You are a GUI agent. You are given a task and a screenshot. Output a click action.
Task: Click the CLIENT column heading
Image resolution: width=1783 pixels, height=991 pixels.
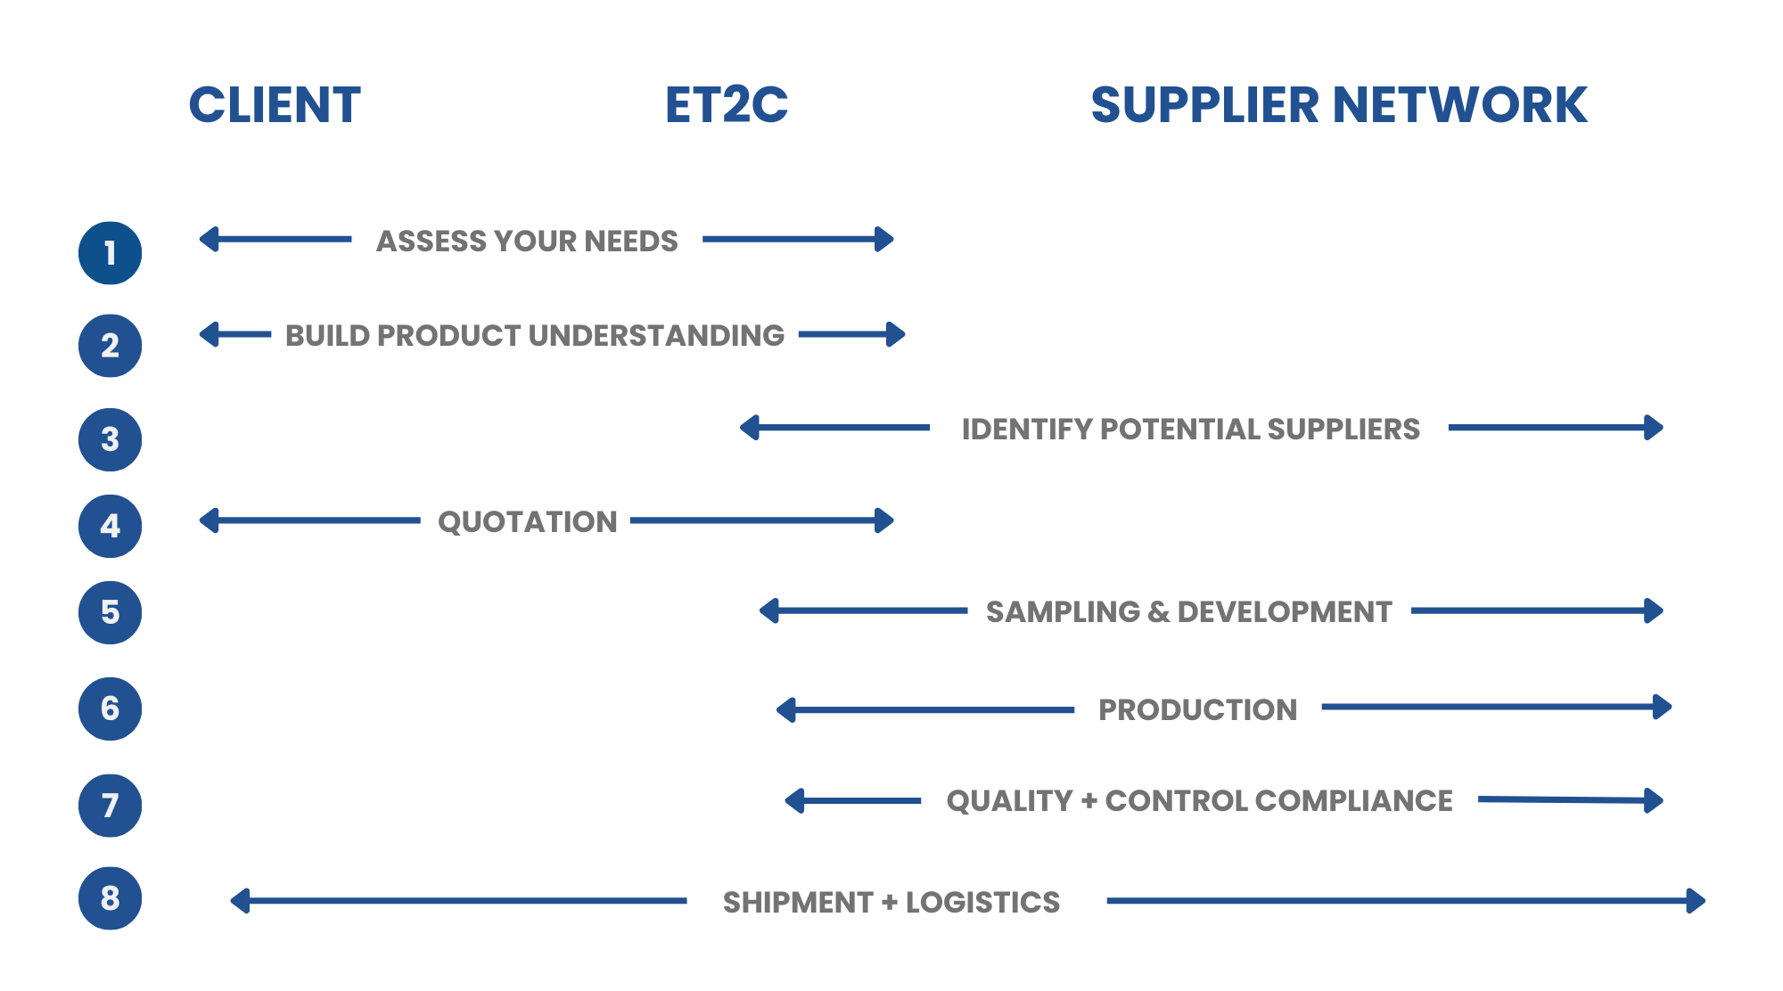pyautogui.click(x=275, y=105)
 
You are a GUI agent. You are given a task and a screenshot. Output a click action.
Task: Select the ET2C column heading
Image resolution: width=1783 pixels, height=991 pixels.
pyautogui.click(x=727, y=105)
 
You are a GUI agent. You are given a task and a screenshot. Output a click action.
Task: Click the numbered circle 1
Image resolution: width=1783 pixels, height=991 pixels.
pyautogui.click(x=110, y=253)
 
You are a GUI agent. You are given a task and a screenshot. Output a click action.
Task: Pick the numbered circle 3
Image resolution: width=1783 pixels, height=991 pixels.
pyautogui.click(x=110, y=439)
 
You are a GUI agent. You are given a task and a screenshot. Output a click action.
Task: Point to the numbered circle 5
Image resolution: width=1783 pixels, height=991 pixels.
pyautogui.click(x=110, y=612)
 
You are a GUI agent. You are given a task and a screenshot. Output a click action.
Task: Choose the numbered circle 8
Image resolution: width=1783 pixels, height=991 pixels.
pyautogui.click(x=110, y=898)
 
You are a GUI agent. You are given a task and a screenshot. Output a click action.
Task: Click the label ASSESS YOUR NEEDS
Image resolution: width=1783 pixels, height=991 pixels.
pyautogui.click(x=527, y=241)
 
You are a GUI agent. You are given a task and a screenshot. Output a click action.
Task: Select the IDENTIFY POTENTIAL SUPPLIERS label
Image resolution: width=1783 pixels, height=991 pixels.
pyautogui.click(x=1190, y=429)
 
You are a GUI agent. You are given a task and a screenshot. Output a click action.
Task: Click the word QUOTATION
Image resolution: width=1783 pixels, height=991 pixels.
pyautogui.click(x=527, y=521)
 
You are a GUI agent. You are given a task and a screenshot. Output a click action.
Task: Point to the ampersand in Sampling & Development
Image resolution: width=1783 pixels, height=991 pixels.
pyautogui.click(x=1158, y=612)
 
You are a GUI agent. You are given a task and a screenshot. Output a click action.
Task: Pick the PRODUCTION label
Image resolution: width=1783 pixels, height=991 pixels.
pyautogui.click(x=1197, y=709)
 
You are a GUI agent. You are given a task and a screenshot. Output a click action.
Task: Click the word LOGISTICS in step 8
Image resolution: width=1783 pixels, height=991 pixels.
pyautogui.click(x=982, y=902)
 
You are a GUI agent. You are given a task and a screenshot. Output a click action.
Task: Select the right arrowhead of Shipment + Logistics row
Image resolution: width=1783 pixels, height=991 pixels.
pyautogui.click(x=1697, y=901)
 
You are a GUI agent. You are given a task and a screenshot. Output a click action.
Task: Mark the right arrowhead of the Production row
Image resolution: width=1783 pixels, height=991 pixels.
pyautogui.click(x=1663, y=707)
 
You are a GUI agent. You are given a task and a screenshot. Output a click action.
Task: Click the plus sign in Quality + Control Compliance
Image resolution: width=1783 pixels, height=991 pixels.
pyautogui.click(x=1089, y=800)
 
